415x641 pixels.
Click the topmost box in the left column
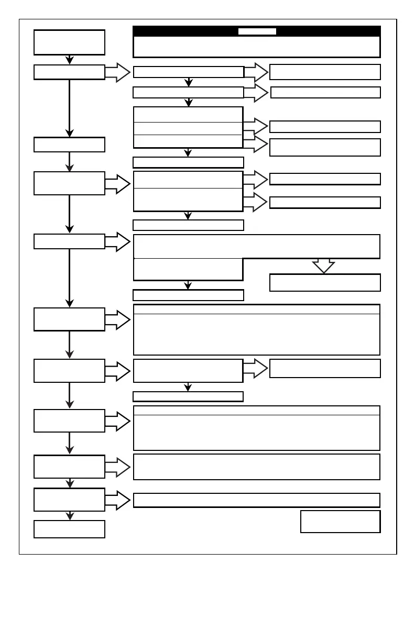[x=69, y=42]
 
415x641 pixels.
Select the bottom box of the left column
[x=69, y=529]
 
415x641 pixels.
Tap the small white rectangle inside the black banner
[x=257, y=31]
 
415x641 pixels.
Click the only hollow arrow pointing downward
[x=323, y=266]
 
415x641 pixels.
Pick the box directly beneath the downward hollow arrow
[x=325, y=282]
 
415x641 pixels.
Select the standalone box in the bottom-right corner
[x=340, y=522]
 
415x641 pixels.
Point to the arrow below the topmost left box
[x=69, y=60]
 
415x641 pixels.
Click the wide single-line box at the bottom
[x=256, y=500]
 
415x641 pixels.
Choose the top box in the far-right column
[x=325, y=72]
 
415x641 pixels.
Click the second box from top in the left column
[x=69, y=72]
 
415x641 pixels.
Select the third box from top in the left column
[x=69, y=145]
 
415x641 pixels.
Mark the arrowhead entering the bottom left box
[x=69, y=516]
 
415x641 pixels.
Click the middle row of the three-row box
[x=188, y=128]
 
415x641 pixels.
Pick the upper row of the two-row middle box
[x=188, y=180]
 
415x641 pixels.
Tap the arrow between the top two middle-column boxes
[x=189, y=82]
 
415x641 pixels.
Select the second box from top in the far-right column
[x=325, y=93]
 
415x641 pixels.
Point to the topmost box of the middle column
[x=189, y=72]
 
